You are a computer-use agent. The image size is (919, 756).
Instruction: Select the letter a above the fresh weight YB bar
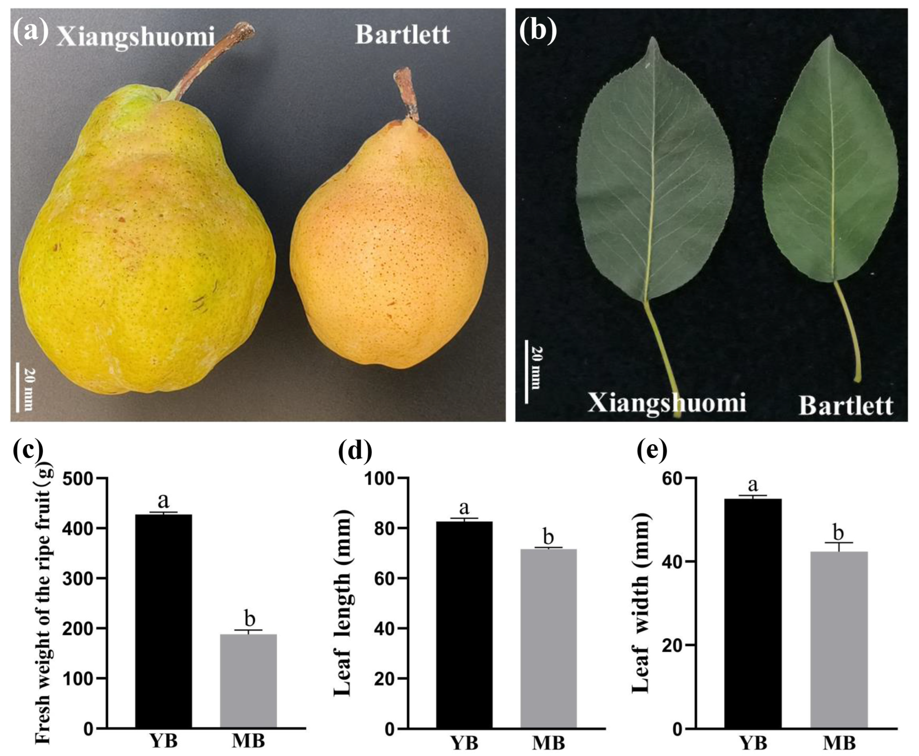coord(163,501)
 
